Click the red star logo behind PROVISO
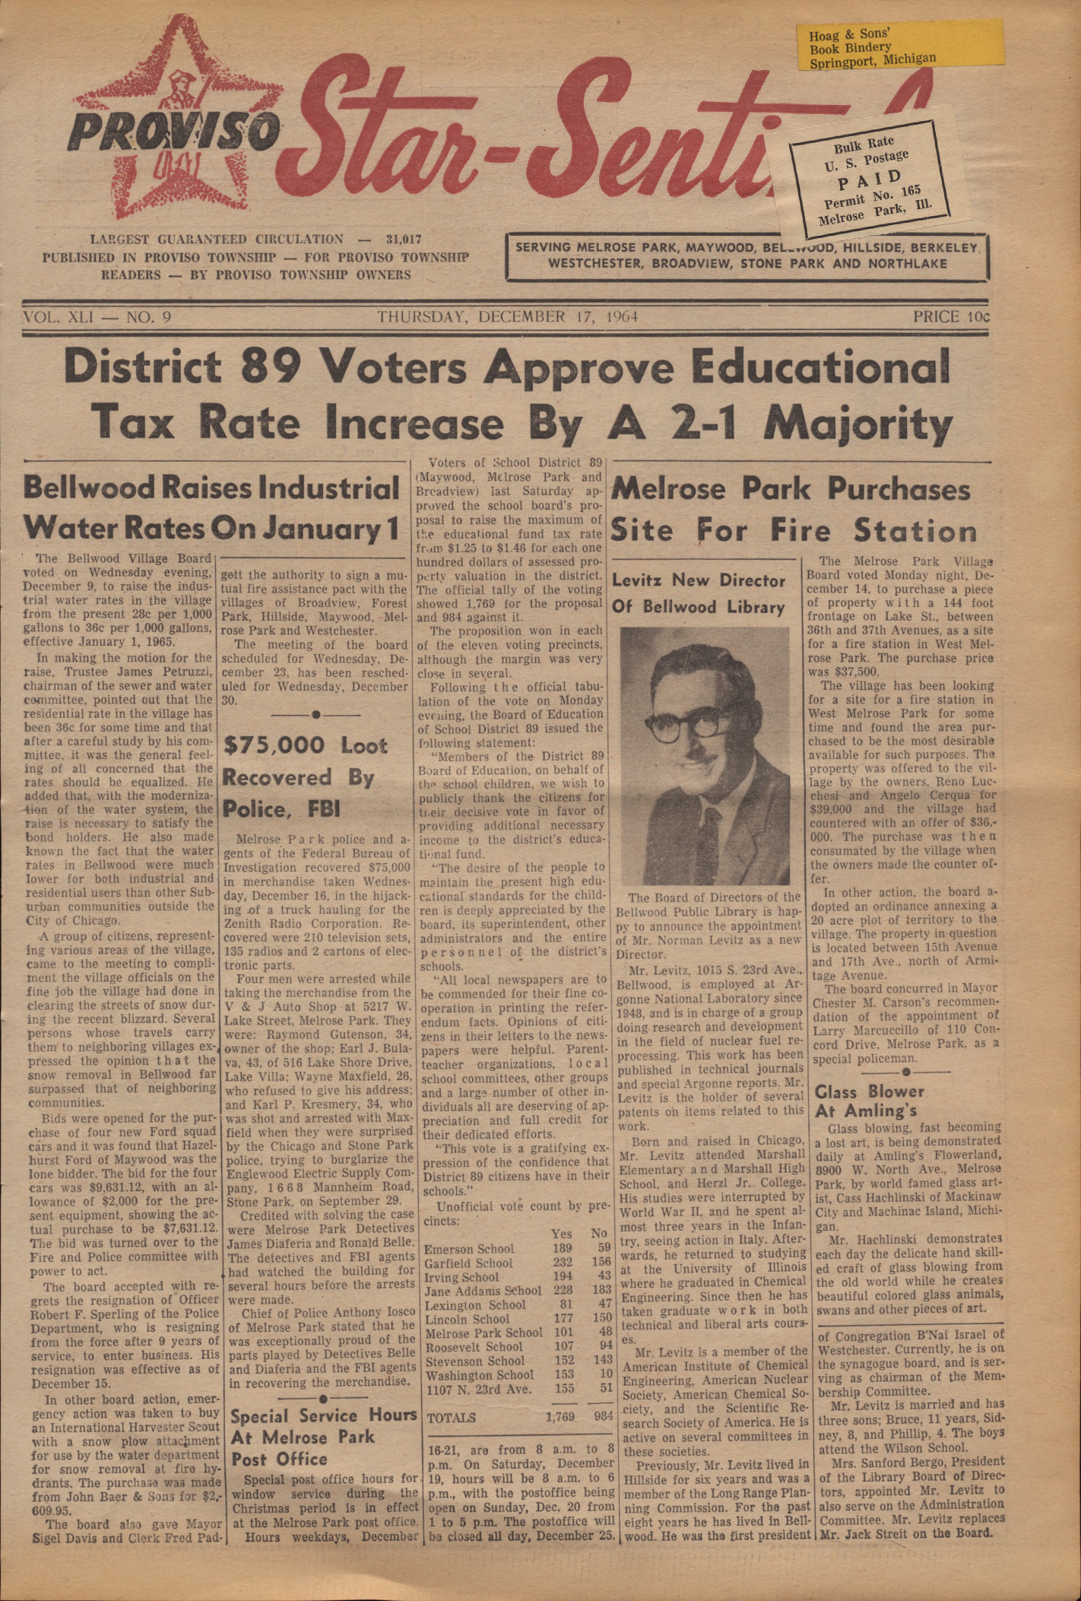click(x=174, y=121)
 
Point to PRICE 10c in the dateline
click(x=951, y=316)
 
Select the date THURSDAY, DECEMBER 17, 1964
click(x=507, y=316)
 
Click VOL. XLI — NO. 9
click(x=97, y=316)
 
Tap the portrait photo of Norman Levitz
click(x=705, y=755)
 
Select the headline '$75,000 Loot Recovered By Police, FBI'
click(x=304, y=777)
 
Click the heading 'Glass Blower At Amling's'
click(x=869, y=1101)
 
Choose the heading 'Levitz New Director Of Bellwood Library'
click(x=699, y=593)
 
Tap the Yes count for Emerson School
click(x=562, y=1249)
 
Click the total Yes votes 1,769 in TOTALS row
click(x=560, y=1417)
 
